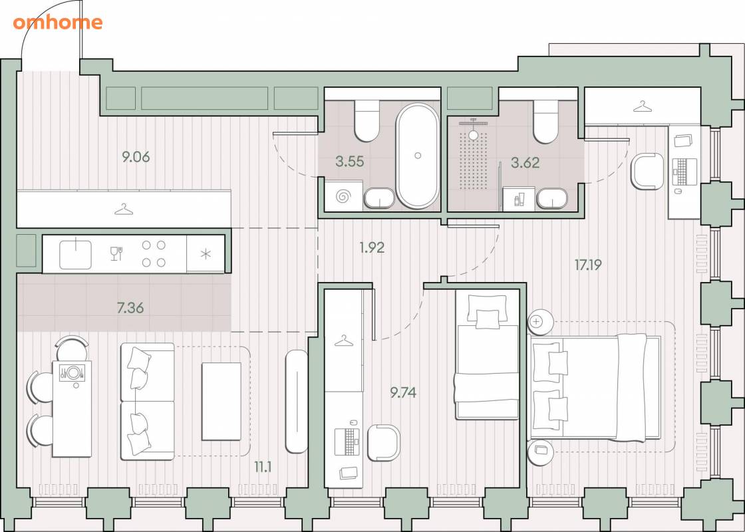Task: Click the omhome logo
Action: tap(57, 23)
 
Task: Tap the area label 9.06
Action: tap(136, 157)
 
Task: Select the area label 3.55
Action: tap(350, 162)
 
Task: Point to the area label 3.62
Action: tap(525, 163)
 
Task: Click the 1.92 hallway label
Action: tap(372, 247)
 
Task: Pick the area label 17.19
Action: tap(588, 265)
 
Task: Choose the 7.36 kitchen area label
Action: tap(130, 309)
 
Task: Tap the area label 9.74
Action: tap(403, 393)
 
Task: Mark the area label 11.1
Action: tap(263, 467)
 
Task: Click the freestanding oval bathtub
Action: tap(418, 156)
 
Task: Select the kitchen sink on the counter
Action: tap(76, 255)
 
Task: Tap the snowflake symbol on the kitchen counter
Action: tap(206, 254)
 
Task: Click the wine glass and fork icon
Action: tap(116, 253)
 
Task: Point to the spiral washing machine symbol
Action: tap(343, 196)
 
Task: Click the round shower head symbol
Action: tap(473, 134)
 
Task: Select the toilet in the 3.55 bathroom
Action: tap(367, 120)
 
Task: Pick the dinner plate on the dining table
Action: tap(73, 372)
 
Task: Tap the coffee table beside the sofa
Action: tap(222, 402)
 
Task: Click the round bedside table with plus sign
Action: tap(540, 322)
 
